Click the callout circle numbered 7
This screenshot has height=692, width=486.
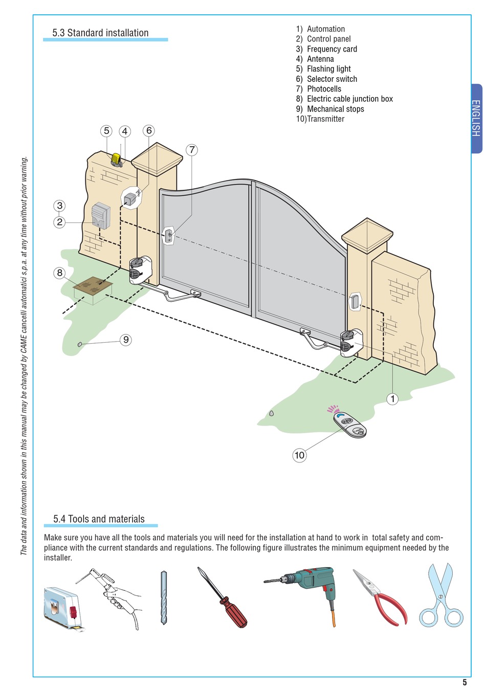pos(192,150)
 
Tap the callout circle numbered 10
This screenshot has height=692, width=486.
pos(299,455)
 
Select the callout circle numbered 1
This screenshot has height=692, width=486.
pos(392,399)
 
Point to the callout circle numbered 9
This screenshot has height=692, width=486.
pos(126,340)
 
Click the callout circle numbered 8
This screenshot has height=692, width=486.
pos(60,273)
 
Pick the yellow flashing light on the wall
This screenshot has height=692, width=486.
pos(117,160)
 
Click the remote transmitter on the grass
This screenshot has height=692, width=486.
pos(349,425)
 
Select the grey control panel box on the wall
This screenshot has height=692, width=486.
pos(101,216)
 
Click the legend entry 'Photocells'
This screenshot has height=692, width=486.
pos(324,89)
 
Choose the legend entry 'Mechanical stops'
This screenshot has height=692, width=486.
pos(335,109)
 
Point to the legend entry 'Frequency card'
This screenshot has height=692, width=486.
pos(332,49)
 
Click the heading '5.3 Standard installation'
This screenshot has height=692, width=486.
pos(100,33)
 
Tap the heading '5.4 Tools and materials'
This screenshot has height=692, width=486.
pos(99,519)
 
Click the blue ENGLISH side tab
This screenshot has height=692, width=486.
pos(476,118)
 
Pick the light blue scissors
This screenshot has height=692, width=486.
pos(441,596)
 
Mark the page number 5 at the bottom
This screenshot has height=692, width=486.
pos(465,682)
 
